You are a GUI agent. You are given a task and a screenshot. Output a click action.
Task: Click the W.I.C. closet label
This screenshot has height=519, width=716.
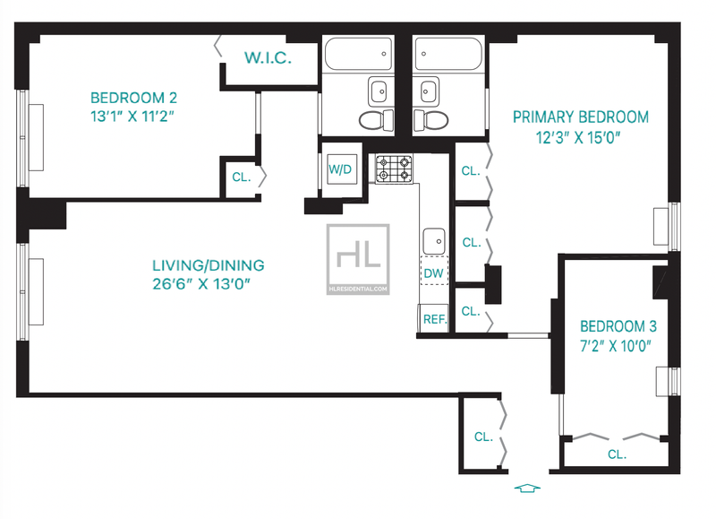(268, 57)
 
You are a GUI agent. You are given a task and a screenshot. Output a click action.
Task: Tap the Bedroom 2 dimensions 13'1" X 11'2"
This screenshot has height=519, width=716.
(132, 117)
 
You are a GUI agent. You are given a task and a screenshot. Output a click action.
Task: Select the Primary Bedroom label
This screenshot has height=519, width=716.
(580, 117)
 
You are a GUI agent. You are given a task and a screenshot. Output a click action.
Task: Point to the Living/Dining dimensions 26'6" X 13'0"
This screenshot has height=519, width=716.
(201, 283)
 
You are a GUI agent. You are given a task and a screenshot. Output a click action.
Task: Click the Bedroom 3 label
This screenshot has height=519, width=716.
(618, 326)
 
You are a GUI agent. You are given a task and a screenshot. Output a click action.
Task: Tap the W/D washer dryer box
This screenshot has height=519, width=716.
(342, 169)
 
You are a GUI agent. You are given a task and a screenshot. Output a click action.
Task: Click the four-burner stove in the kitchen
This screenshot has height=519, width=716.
(394, 169)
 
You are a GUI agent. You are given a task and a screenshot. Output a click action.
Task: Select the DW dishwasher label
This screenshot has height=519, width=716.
(433, 273)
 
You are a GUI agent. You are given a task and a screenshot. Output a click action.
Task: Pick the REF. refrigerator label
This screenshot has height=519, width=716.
(435, 319)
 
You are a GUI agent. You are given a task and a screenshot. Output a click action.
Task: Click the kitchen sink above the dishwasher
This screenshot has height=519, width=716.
(434, 241)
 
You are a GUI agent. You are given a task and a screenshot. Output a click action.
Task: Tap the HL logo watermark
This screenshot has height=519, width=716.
(358, 259)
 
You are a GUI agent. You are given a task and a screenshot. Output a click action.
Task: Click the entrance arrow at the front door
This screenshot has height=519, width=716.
(527, 488)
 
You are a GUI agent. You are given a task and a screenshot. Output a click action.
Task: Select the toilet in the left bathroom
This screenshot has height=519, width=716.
(376, 120)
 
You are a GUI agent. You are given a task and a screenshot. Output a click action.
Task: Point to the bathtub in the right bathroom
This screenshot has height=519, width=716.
(448, 54)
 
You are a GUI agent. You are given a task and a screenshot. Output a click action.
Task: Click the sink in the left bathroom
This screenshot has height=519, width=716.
(379, 91)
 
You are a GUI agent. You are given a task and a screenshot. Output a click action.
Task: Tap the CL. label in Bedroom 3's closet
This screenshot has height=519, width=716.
(617, 454)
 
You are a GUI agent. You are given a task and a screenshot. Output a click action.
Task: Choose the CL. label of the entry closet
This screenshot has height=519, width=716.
(483, 437)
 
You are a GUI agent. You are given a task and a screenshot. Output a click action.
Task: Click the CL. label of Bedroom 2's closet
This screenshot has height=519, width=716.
(242, 177)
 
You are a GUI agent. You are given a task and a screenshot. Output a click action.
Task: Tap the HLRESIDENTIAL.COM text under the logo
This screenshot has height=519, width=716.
(358, 289)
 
